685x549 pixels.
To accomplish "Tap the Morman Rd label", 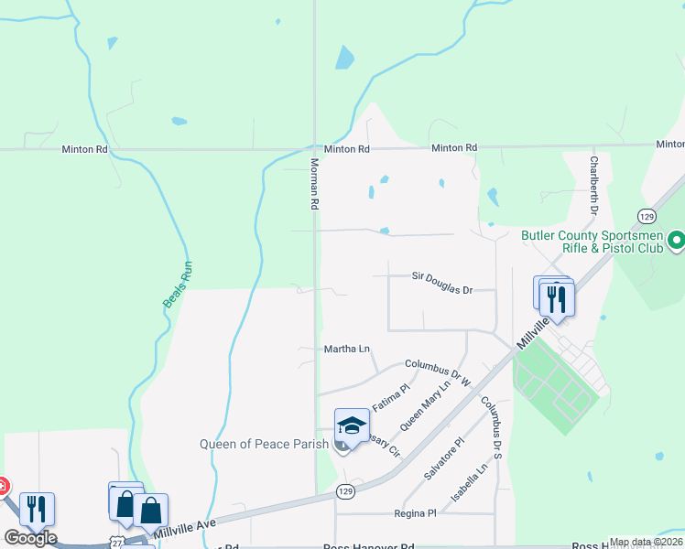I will (x=313, y=183).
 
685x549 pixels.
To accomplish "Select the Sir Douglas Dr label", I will (x=441, y=276).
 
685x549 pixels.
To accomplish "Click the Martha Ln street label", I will (x=347, y=349).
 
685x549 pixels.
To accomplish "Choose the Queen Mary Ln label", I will (x=428, y=404).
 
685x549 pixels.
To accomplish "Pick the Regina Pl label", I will (x=414, y=514).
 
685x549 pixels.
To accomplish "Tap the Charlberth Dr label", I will (x=593, y=186).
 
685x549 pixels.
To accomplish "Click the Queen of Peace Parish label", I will (x=266, y=445).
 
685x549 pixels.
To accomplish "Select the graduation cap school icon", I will (x=352, y=425).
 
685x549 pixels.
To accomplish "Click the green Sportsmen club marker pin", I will (x=677, y=242).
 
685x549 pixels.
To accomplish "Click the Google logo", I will (x=30, y=538).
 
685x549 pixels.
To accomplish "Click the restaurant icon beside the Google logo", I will (x=37, y=509).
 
